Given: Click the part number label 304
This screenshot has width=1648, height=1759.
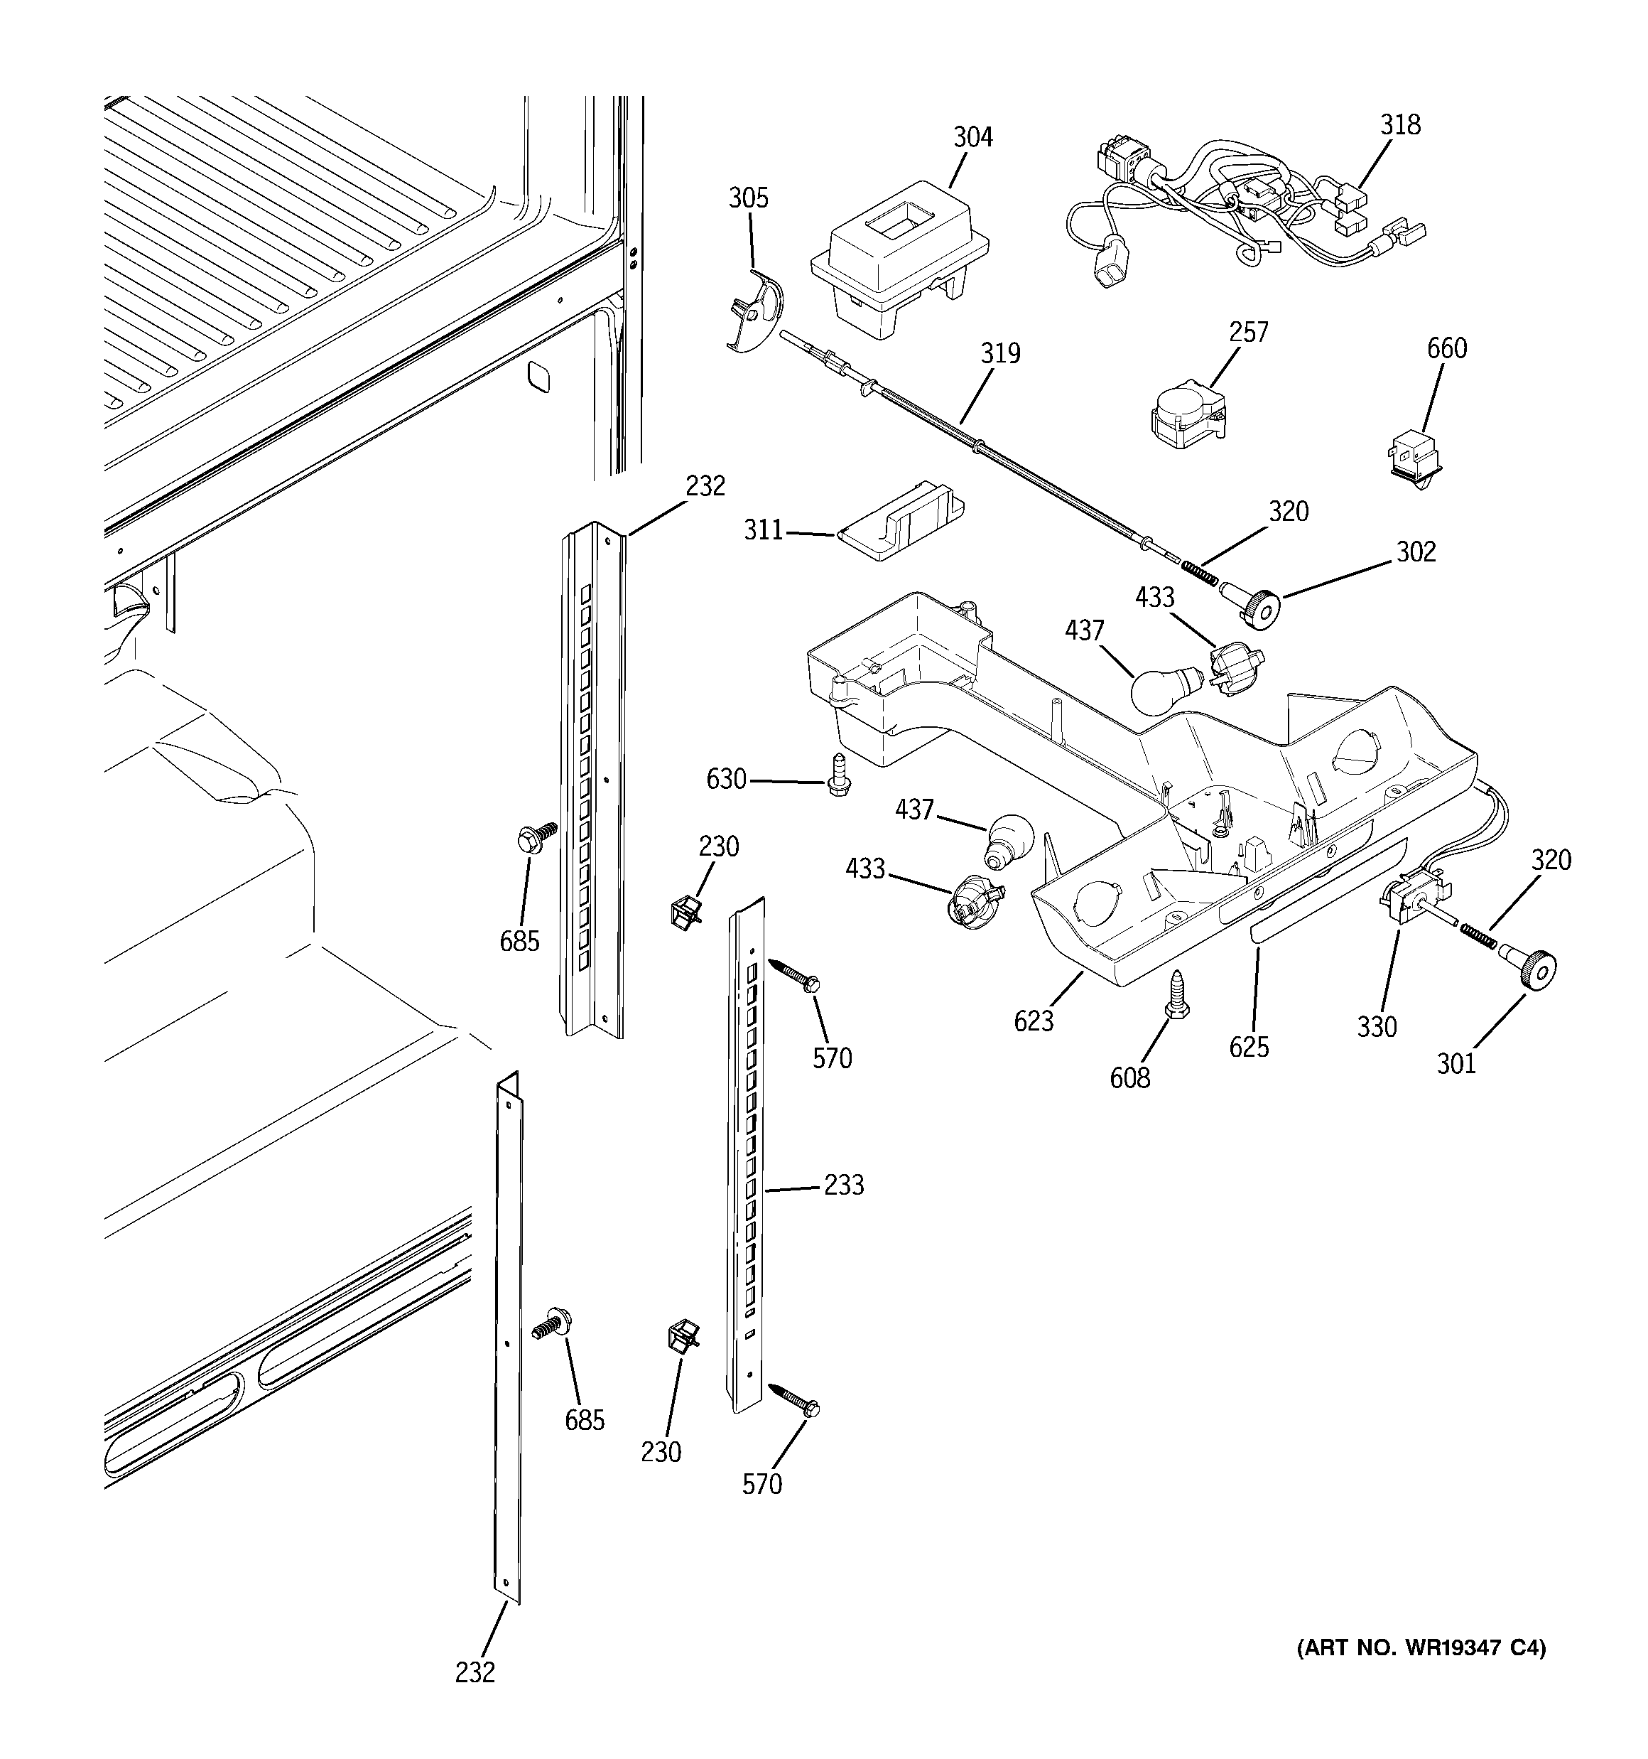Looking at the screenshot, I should [x=972, y=137].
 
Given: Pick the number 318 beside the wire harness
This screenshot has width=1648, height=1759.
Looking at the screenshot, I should [x=1400, y=125].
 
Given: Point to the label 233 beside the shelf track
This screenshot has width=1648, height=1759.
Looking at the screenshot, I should [x=843, y=1185].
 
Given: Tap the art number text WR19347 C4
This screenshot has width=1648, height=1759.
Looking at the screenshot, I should [x=1421, y=1647].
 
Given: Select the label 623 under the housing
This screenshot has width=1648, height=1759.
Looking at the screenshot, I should [x=1034, y=1021].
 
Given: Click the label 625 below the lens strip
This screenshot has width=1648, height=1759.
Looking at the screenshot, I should [x=1248, y=1047].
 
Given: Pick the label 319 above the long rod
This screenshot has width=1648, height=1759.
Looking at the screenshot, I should [x=999, y=354].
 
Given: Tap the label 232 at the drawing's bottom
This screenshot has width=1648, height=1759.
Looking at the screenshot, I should [x=475, y=1672].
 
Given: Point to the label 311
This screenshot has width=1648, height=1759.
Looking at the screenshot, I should [x=762, y=531].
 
